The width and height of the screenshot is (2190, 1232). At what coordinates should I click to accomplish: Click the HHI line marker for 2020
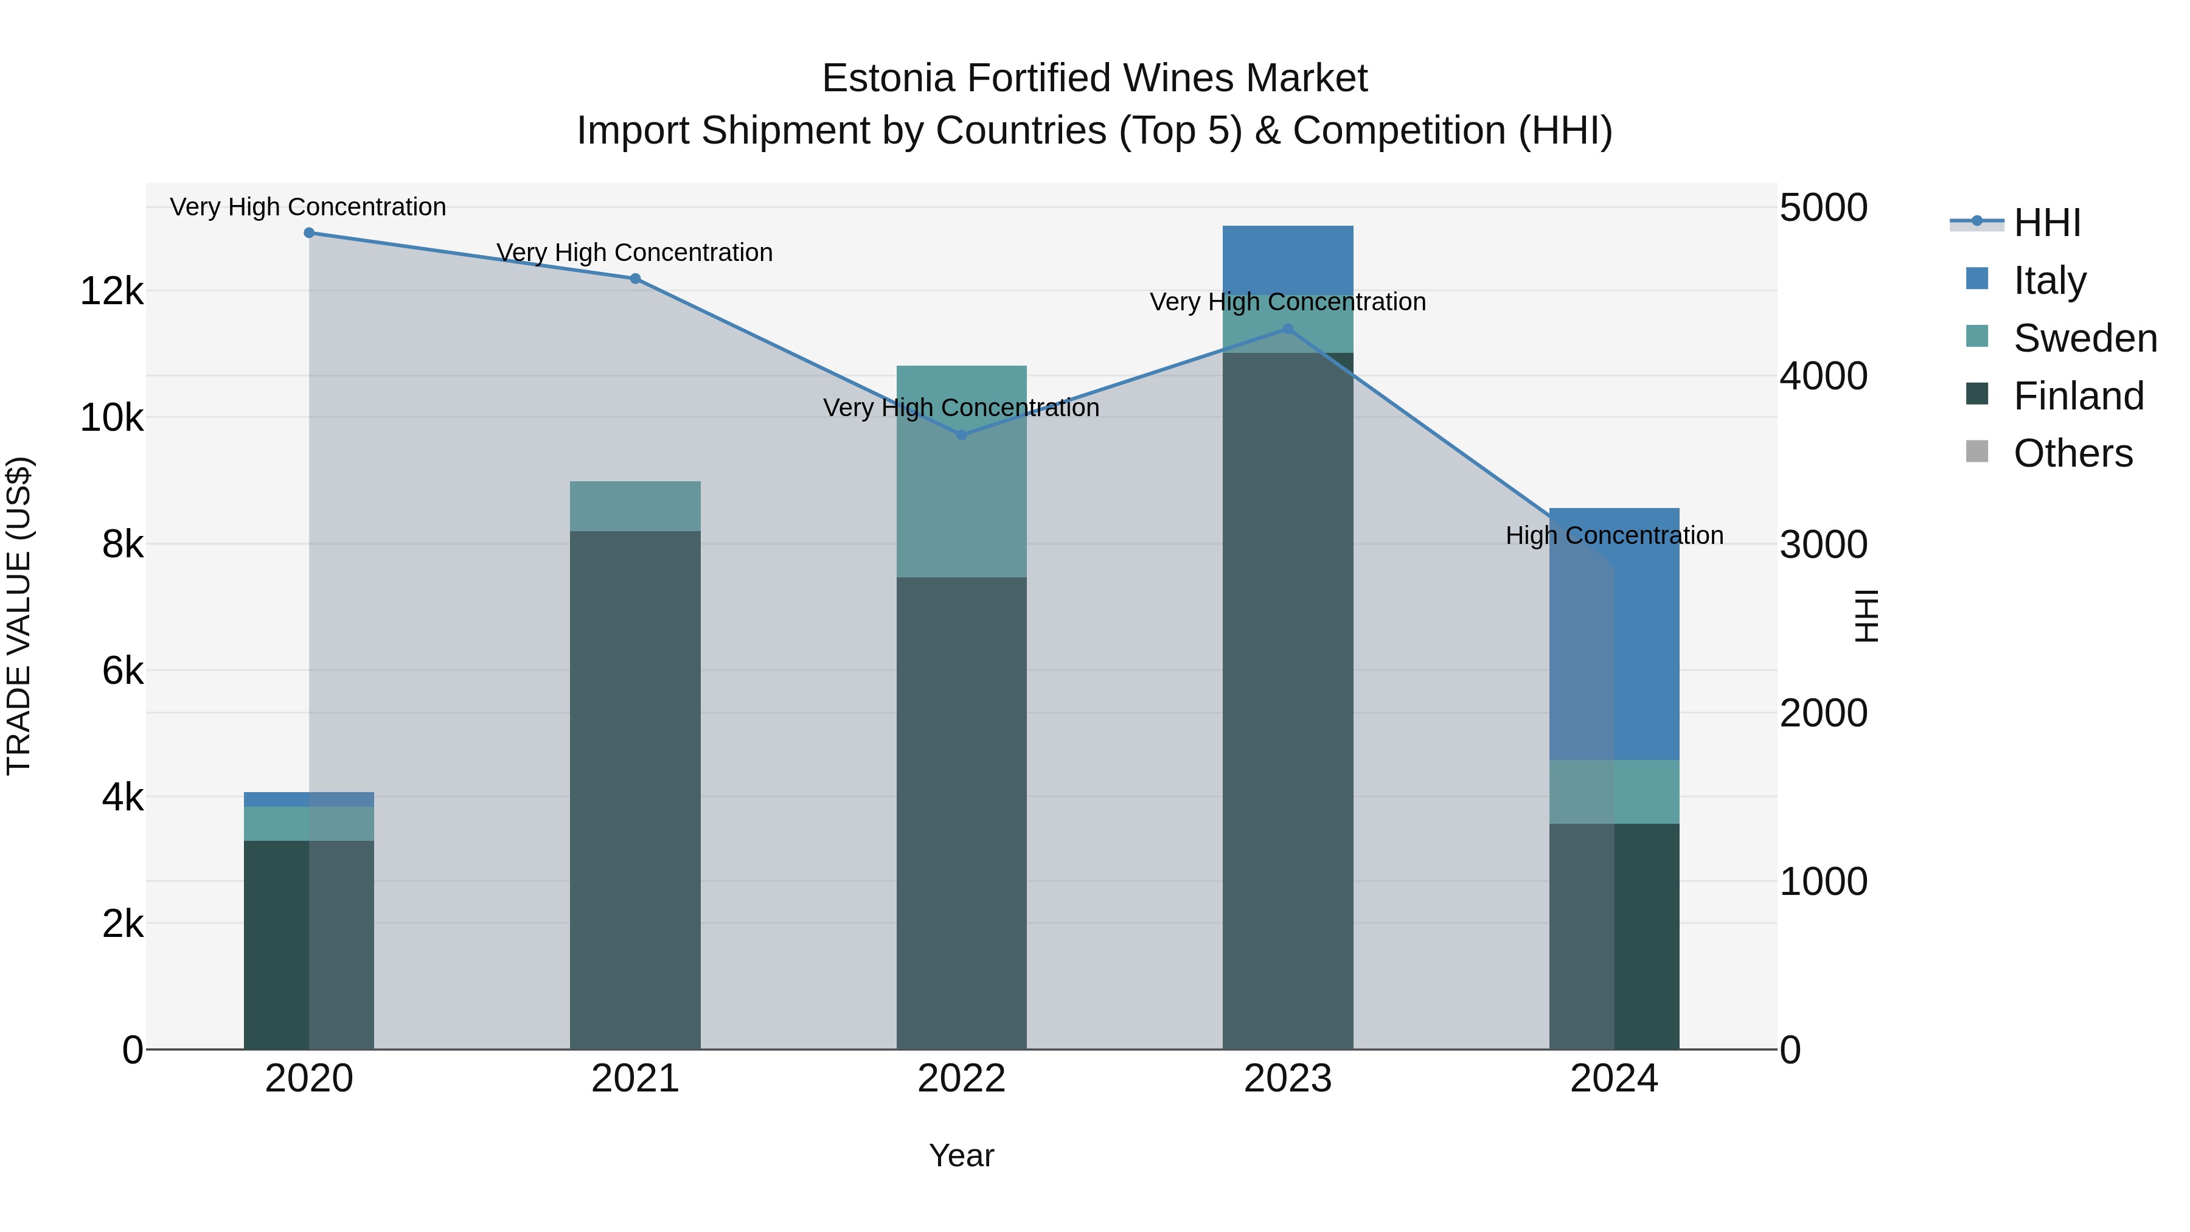coord(308,233)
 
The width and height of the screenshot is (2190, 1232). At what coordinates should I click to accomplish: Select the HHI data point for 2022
coord(962,436)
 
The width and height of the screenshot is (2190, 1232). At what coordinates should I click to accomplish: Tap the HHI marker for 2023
coord(1287,329)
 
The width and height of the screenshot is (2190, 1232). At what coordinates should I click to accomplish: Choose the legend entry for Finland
coord(2078,396)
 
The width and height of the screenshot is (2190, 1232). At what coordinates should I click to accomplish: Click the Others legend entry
coord(2072,454)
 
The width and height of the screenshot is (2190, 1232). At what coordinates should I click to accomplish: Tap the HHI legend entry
coord(2046,223)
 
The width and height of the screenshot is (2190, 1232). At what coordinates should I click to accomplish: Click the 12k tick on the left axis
coord(111,291)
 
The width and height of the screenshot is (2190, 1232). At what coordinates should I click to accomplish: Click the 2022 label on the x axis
coord(962,1079)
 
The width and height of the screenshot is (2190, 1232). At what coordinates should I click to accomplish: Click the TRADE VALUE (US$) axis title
coord(19,616)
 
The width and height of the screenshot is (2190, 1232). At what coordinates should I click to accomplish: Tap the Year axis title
coord(962,1155)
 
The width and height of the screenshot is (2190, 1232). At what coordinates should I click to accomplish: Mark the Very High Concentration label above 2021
coord(634,252)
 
